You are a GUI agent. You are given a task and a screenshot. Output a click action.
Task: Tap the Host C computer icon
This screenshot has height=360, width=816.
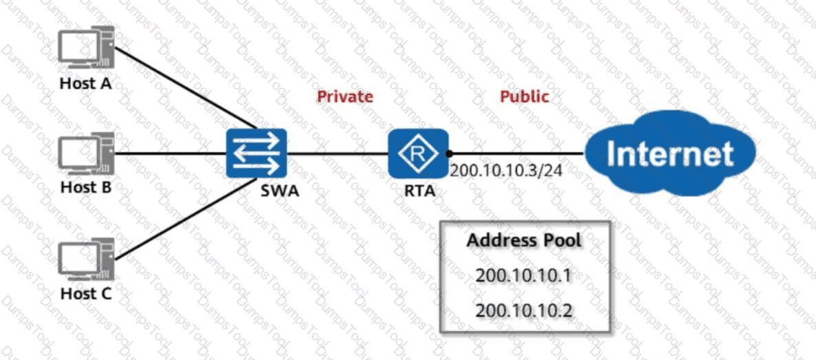click(x=85, y=261)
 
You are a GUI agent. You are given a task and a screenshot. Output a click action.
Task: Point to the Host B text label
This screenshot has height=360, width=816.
click(x=85, y=187)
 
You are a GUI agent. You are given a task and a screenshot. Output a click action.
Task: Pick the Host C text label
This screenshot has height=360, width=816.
click(x=85, y=294)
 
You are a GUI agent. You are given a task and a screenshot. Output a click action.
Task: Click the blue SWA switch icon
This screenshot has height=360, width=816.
click(x=256, y=153)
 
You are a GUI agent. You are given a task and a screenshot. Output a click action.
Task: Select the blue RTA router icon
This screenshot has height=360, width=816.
click(x=414, y=153)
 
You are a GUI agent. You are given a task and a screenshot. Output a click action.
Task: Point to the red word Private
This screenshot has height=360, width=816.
click(x=345, y=96)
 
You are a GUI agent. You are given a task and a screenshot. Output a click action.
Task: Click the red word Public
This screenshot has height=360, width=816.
click(x=525, y=96)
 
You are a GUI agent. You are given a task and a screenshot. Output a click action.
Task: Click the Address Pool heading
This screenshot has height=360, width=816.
click(x=524, y=242)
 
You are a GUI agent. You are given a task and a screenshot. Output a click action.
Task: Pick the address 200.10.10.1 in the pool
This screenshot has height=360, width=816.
click(x=524, y=276)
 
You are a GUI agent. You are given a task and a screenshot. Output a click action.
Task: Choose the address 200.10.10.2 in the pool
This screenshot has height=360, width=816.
click(x=524, y=310)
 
